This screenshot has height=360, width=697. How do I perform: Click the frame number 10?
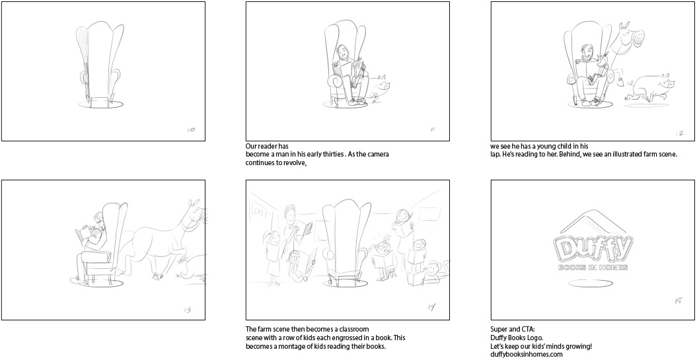coord(191,129)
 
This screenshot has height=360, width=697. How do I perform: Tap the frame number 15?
coord(678,301)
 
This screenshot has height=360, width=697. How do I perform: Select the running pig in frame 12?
coord(650,89)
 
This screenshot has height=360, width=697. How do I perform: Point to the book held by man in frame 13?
coord(83,234)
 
